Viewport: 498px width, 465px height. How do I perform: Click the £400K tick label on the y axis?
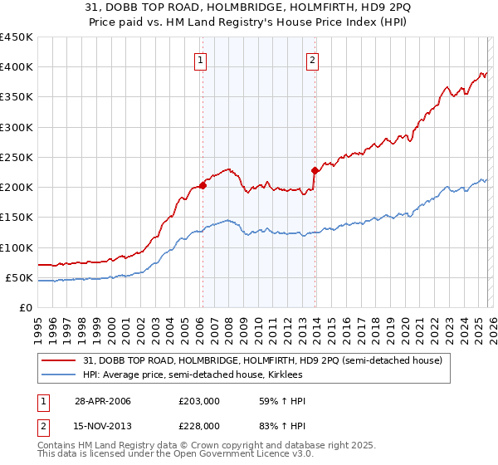coord(16,67)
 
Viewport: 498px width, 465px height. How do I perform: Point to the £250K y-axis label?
coord(16,157)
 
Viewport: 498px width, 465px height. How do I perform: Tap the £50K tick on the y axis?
coord(19,277)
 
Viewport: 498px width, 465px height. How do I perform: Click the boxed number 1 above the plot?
coord(202,59)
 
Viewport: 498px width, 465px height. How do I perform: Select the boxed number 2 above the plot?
coord(312,59)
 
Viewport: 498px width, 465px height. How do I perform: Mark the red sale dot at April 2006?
coord(203,185)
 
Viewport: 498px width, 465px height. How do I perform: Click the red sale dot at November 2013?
coord(315,170)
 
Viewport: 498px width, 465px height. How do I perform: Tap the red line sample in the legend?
coord(59,360)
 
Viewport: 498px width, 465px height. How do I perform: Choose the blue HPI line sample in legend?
coord(59,374)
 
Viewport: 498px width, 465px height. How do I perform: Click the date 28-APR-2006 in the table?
coord(103,402)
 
